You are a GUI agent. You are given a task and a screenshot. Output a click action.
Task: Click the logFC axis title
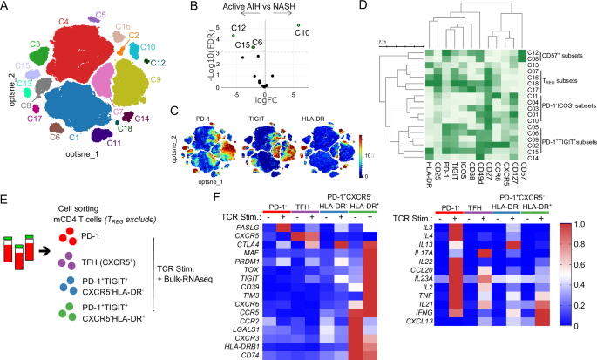click(265, 99)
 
